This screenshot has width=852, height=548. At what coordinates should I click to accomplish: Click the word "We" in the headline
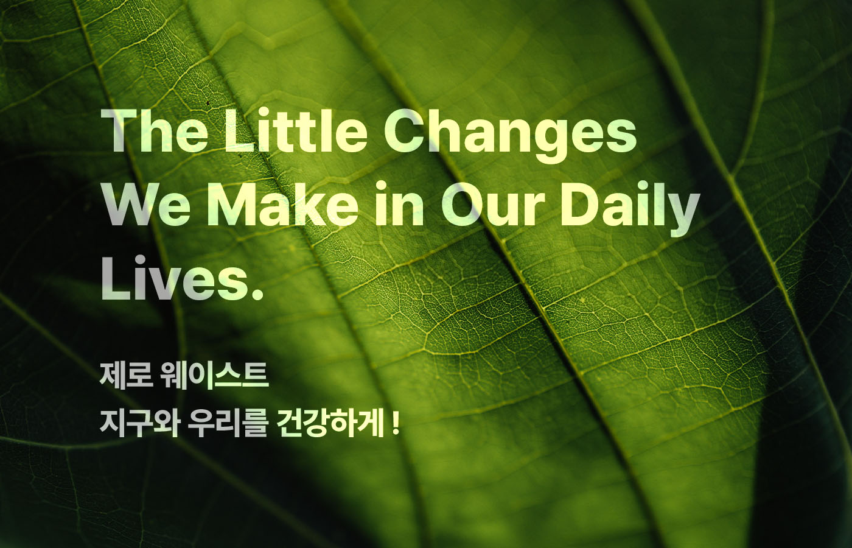pyautogui.click(x=147, y=204)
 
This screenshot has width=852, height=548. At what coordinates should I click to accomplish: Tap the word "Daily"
pyautogui.click(x=629, y=209)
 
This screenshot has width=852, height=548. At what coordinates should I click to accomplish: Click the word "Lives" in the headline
pyautogui.click(x=172, y=278)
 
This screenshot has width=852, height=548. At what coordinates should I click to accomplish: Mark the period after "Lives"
pyautogui.click(x=256, y=294)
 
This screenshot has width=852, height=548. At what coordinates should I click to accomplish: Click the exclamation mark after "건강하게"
pyautogui.click(x=395, y=424)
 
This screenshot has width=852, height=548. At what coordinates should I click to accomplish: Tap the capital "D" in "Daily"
pyautogui.click(x=579, y=204)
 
